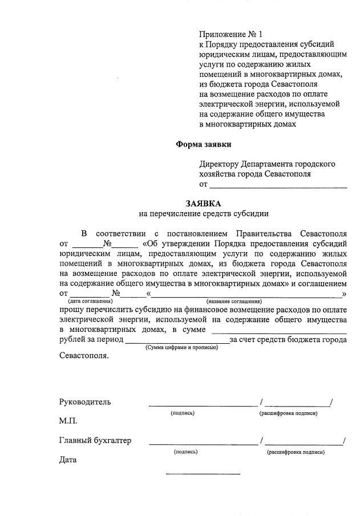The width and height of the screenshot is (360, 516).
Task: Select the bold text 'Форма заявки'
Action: [x=204, y=144]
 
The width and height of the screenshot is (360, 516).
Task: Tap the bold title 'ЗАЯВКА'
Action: [x=203, y=203]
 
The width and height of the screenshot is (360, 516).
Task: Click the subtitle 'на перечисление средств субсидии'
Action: [x=203, y=214]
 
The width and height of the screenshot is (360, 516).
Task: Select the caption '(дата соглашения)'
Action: [x=90, y=300]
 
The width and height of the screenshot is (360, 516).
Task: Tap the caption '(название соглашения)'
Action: [x=234, y=300]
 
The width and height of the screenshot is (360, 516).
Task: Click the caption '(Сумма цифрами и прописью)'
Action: [x=181, y=347]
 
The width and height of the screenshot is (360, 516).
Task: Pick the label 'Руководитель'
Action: [x=85, y=402]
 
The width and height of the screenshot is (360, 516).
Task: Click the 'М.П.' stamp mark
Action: [x=68, y=421]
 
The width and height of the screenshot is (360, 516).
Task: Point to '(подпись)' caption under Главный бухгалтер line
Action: [x=185, y=452]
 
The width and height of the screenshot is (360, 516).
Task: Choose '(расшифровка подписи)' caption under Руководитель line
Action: [x=288, y=413]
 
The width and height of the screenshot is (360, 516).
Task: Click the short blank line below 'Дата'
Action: [x=203, y=473]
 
